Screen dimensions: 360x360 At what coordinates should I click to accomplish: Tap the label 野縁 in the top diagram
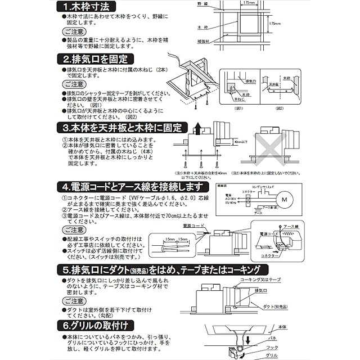click(202, 4)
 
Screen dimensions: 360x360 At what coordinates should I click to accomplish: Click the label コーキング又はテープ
click(261, 279)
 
